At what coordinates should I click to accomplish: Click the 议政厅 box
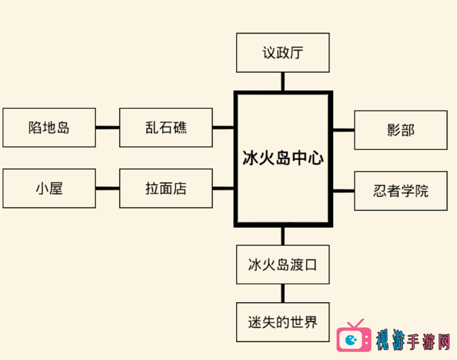coord(283,53)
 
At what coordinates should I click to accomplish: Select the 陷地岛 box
coord(49,127)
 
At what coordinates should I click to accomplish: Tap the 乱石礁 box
coord(166,127)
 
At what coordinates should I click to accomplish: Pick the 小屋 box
coord(49,188)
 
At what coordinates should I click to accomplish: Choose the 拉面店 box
coord(166,188)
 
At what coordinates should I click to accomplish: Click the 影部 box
coord(400,130)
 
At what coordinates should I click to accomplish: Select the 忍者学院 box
coord(400,191)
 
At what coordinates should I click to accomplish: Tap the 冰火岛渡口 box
coord(283,264)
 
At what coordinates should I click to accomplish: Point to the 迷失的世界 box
coord(283,323)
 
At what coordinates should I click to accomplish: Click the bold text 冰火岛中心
coord(283,159)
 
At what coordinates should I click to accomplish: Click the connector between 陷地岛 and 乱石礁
coord(107,127)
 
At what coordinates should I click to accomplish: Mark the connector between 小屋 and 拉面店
coord(107,188)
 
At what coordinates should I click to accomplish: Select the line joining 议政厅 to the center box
coord(283,81)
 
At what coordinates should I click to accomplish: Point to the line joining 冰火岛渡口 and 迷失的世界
coord(283,293)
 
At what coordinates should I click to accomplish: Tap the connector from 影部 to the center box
coord(343,130)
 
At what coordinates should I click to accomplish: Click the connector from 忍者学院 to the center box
coord(343,191)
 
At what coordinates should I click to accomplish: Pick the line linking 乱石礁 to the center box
coord(224,127)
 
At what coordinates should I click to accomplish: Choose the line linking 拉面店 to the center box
coord(224,188)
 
